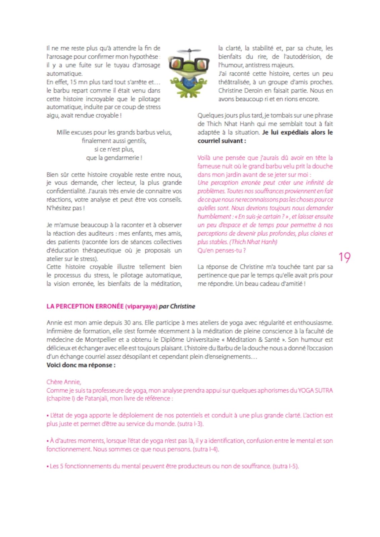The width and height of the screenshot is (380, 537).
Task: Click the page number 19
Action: (x=344, y=257)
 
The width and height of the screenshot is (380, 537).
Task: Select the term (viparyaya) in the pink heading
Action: (x=141, y=306)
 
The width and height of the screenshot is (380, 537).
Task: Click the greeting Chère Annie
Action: (x=63, y=382)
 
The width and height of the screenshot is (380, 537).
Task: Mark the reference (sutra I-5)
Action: (x=285, y=466)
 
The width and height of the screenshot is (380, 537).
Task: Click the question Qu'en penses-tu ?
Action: (x=221, y=250)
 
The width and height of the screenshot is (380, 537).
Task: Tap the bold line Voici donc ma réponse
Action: (x=81, y=365)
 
